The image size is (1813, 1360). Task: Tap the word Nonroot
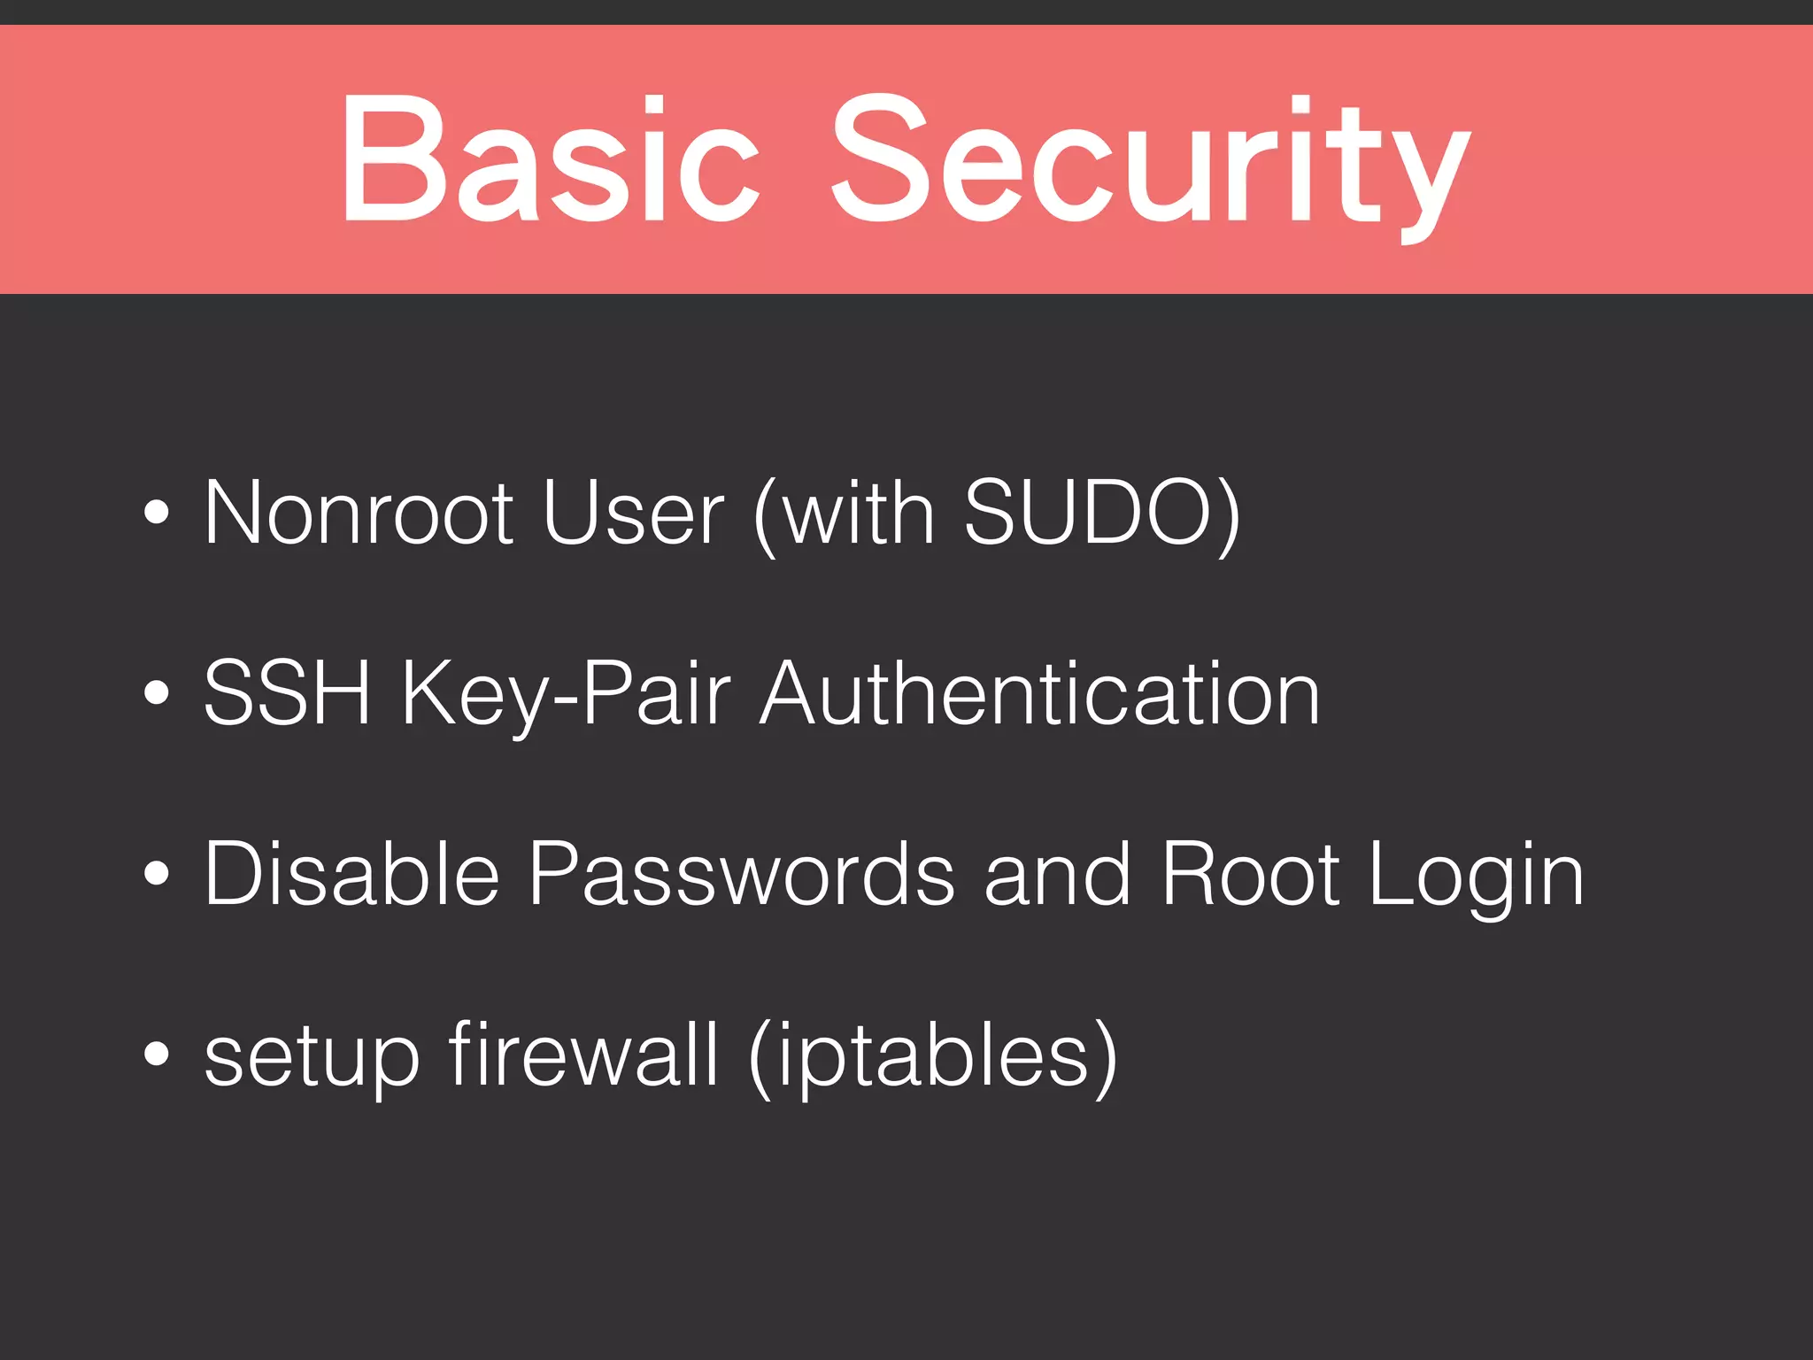[x=359, y=514]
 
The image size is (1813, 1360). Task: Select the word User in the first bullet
[x=633, y=514]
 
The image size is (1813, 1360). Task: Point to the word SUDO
[x=1087, y=514]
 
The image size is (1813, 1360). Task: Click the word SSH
[x=287, y=694]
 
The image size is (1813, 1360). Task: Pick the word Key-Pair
[x=567, y=694]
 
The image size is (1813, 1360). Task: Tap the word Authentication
[x=1040, y=694]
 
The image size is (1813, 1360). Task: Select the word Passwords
[x=742, y=875]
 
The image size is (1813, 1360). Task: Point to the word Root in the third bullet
[x=1250, y=875]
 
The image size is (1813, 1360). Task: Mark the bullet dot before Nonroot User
[x=156, y=514]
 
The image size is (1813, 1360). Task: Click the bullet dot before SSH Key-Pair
[x=156, y=694]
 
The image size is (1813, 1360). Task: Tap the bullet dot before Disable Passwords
[x=156, y=874]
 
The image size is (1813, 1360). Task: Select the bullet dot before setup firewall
[x=156, y=1055]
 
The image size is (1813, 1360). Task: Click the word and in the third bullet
[x=1058, y=875]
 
